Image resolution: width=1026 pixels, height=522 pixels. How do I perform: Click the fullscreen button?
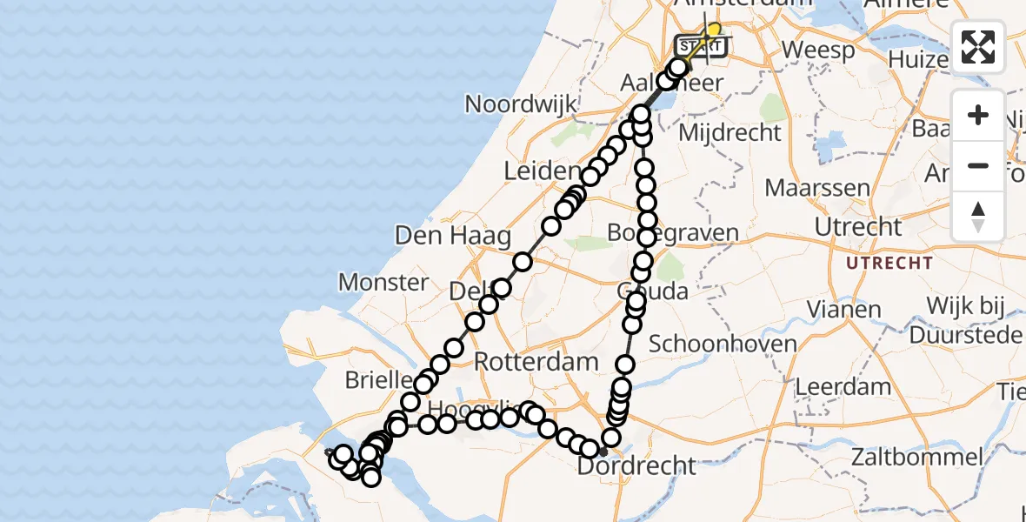pos(978,46)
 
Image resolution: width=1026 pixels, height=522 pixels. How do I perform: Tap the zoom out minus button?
pos(978,165)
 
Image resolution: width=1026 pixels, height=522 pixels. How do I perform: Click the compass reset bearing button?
pos(978,216)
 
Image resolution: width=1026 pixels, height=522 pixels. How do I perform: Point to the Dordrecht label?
pos(638,466)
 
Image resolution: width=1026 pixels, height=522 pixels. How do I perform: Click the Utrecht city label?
pos(858,227)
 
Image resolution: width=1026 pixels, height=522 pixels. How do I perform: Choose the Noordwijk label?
pos(521,104)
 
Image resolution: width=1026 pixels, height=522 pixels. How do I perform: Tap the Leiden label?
pos(542,171)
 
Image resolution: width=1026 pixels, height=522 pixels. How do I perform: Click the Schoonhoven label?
pos(723,344)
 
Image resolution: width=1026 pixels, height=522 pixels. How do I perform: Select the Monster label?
pos(383,282)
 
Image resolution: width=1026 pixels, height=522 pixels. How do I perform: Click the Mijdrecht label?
pos(730,132)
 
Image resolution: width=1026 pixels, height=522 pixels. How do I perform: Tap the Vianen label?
pos(843,309)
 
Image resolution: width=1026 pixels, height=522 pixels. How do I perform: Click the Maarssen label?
pos(817,187)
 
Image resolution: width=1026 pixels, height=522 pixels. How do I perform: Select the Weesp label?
pos(818,50)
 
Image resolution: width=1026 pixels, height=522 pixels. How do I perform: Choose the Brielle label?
pos(378,380)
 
